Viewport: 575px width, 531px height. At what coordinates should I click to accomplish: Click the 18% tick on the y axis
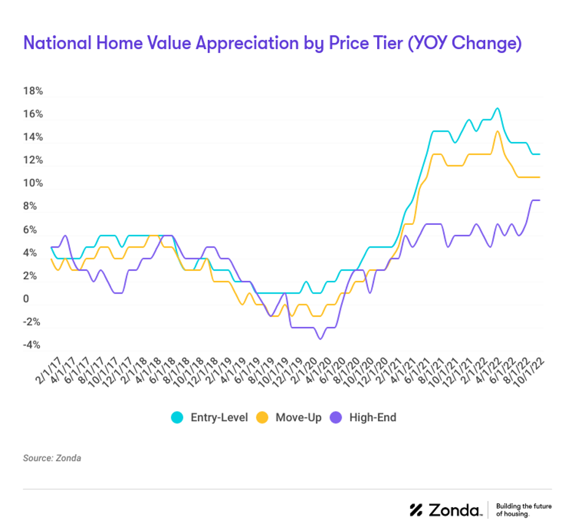click(33, 91)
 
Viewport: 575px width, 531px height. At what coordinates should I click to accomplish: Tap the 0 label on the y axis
click(26, 299)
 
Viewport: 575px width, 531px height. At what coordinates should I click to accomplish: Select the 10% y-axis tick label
click(33, 184)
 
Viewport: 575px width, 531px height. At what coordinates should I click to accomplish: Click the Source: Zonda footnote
click(52, 458)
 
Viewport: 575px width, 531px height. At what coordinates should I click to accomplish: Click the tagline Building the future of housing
click(523, 509)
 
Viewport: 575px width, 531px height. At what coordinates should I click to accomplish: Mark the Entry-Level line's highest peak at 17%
click(497, 109)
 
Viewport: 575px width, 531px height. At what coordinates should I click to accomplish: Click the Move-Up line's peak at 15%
click(497, 132)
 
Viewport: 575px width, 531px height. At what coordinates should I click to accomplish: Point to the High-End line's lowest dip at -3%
click(320, 339)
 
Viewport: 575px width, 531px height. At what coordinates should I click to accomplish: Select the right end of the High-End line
click(539, 200)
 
